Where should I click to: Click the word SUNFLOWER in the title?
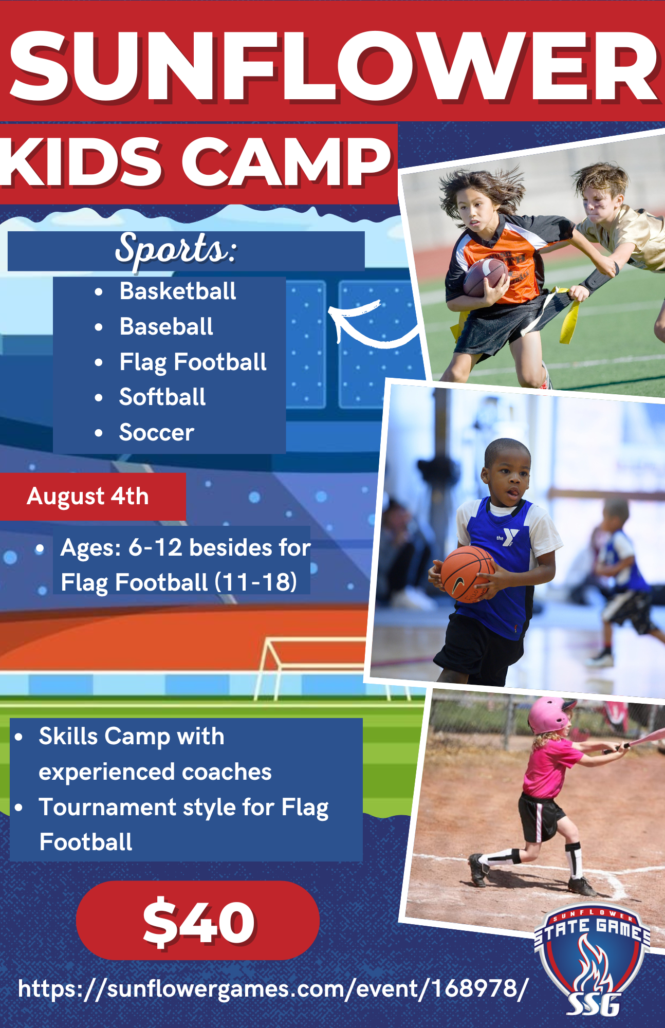pyautogui.click(x=333, y=66)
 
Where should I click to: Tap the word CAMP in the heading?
pyautogui.click(x=286, y=162)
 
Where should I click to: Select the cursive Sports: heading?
pyautogui.click(x=176, y=249)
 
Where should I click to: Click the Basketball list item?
pyautogui.click(x=178, y=291)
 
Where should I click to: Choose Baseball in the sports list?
pyautogui.click(x=166, y=326)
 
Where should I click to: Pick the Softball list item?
pyautogui.click(x=162, y=397)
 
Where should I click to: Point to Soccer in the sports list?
pyautogui.click(x=157, y=432)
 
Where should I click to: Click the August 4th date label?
pyautogui.click(x=88, y=497)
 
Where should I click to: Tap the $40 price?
pyautogui.click(x=199, y=922)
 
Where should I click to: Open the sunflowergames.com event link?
pyautogui.click(x=273, y=988)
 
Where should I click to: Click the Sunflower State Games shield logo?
pyautogui.click(x=593, y=961)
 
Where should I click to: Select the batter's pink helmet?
pyautogui.click(x=551, y=714)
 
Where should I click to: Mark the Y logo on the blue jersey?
pyautogui.click(x=509, y=537)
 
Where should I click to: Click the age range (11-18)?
pyautogui.click(x=255, y=582)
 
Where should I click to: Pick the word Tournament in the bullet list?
pyautogui.click(x=107, y=807)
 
